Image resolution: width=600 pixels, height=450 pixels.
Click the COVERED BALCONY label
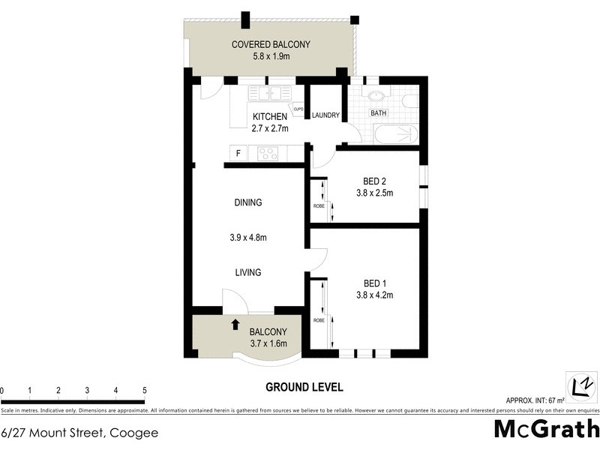tap(271, 44)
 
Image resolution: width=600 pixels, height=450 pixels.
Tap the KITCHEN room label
tap(269, 116)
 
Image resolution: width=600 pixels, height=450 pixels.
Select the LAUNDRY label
tap(325, 115)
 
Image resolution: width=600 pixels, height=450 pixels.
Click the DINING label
tap(247, 202)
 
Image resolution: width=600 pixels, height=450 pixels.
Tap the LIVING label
tap(247, 272)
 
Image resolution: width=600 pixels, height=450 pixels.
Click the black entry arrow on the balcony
tap(235, 324)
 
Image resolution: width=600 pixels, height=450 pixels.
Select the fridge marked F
tap(238, 154)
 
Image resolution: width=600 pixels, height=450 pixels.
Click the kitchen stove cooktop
tap(268, 154)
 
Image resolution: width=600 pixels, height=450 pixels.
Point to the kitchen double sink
tap(270, 94)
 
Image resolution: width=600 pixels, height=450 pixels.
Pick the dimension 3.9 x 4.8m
tap(247, 238)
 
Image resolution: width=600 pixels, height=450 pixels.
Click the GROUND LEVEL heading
tap(304, 387)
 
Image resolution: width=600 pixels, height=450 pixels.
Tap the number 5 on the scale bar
tap(144, 391)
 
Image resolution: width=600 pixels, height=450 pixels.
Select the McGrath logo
tap(546, 429)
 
